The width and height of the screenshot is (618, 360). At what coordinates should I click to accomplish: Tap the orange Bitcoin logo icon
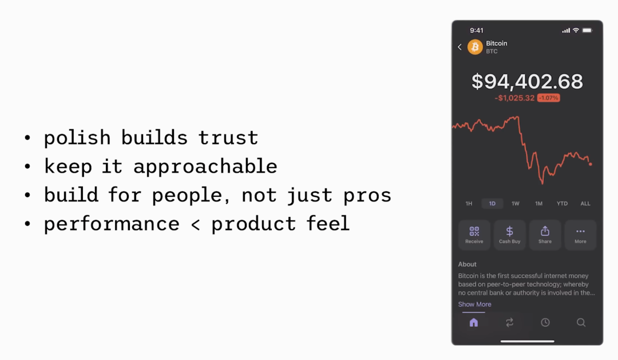tap(475, 47)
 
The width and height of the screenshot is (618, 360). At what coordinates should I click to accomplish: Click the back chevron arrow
tap(459, 47)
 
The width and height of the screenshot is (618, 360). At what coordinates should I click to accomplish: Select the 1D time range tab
tap(492, 203)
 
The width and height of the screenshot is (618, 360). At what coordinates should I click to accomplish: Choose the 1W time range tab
tap(516, 203)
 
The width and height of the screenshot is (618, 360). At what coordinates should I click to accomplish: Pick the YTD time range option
tap(562, 203)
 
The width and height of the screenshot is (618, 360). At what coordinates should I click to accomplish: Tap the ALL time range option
tap(585, 203)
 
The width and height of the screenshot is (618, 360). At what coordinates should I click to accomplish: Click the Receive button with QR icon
tap(474, 235)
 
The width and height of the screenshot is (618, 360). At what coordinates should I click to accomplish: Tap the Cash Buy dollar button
tap(510, 235)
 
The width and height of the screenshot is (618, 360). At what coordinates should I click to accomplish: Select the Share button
tap(545, 235)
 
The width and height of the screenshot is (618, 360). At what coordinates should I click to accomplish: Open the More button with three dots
tap(581, 235)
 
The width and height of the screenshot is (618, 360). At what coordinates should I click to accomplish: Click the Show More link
tap(474, 304)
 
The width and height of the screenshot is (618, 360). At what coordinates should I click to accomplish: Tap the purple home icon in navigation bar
tap(474, 323)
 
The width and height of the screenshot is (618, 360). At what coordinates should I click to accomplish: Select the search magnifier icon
tap(581, 323)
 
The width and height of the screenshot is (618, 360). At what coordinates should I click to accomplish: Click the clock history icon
tap(545, 323)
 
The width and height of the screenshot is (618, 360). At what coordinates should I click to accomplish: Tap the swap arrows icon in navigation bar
tap(510, 323)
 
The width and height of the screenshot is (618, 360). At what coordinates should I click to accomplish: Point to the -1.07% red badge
tap(549, 98)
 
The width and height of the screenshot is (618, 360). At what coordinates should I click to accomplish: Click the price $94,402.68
tap(528, 82)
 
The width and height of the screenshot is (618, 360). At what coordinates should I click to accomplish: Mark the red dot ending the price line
tap(591, 164)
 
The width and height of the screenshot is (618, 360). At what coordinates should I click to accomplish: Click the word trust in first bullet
tap(228, 137)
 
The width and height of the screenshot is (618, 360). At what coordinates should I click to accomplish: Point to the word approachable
tap(205, 167)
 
